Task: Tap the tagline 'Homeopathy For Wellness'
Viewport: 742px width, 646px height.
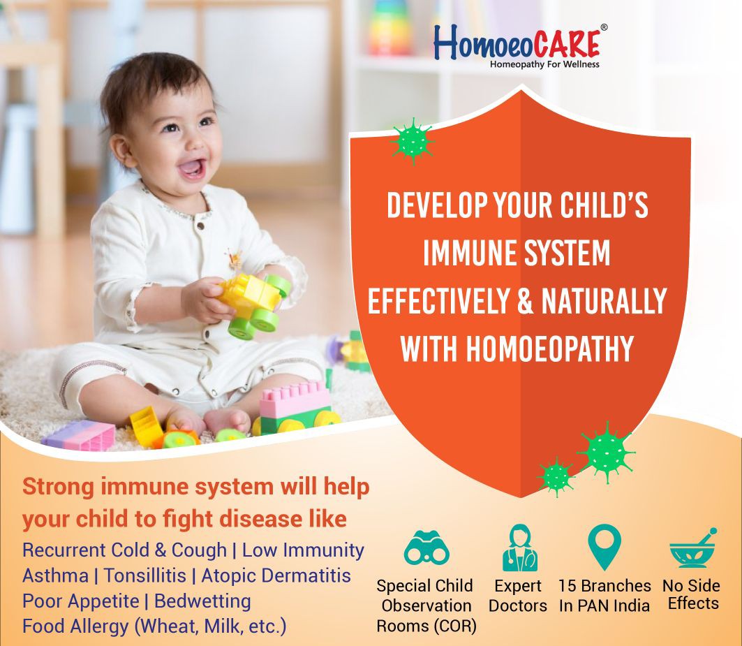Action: pyautogui.click(x=544, y=64)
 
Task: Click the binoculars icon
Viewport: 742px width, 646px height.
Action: pyautogui.click(x=426, y=548)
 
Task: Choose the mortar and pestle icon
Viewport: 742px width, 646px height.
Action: pyautogui.click(x=692, y=548)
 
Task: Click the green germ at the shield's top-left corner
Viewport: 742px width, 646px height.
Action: pyautogui.click(x=413, y=141)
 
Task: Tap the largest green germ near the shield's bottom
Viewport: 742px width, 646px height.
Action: pyautogui.click(x=606, y=453)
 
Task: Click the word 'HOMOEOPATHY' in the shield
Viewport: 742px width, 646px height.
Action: pyautogui.click(x=550, y=348)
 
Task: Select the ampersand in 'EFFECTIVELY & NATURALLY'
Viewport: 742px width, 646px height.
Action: pyautogui.click(x=525, y=301)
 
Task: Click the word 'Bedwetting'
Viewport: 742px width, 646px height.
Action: pyautogui.click(x=202, y=601)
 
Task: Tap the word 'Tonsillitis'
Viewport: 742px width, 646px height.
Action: pyautogui.click(x=144, y=575)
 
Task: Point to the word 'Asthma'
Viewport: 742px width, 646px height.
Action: pyautogui.click(x=55, y=575)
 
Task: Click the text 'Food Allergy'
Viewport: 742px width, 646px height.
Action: pyautogui.click(x=75, y=626)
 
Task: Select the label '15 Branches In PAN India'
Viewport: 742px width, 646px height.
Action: pyautogui.click(x=604, y=595)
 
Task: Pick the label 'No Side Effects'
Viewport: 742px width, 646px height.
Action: pyautogui.click(x=691, y=594)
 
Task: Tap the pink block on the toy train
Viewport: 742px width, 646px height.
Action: pyautogui.click(x=295, y=399)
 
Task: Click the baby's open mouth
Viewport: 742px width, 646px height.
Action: pyautogui.click(x=192, y=168)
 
